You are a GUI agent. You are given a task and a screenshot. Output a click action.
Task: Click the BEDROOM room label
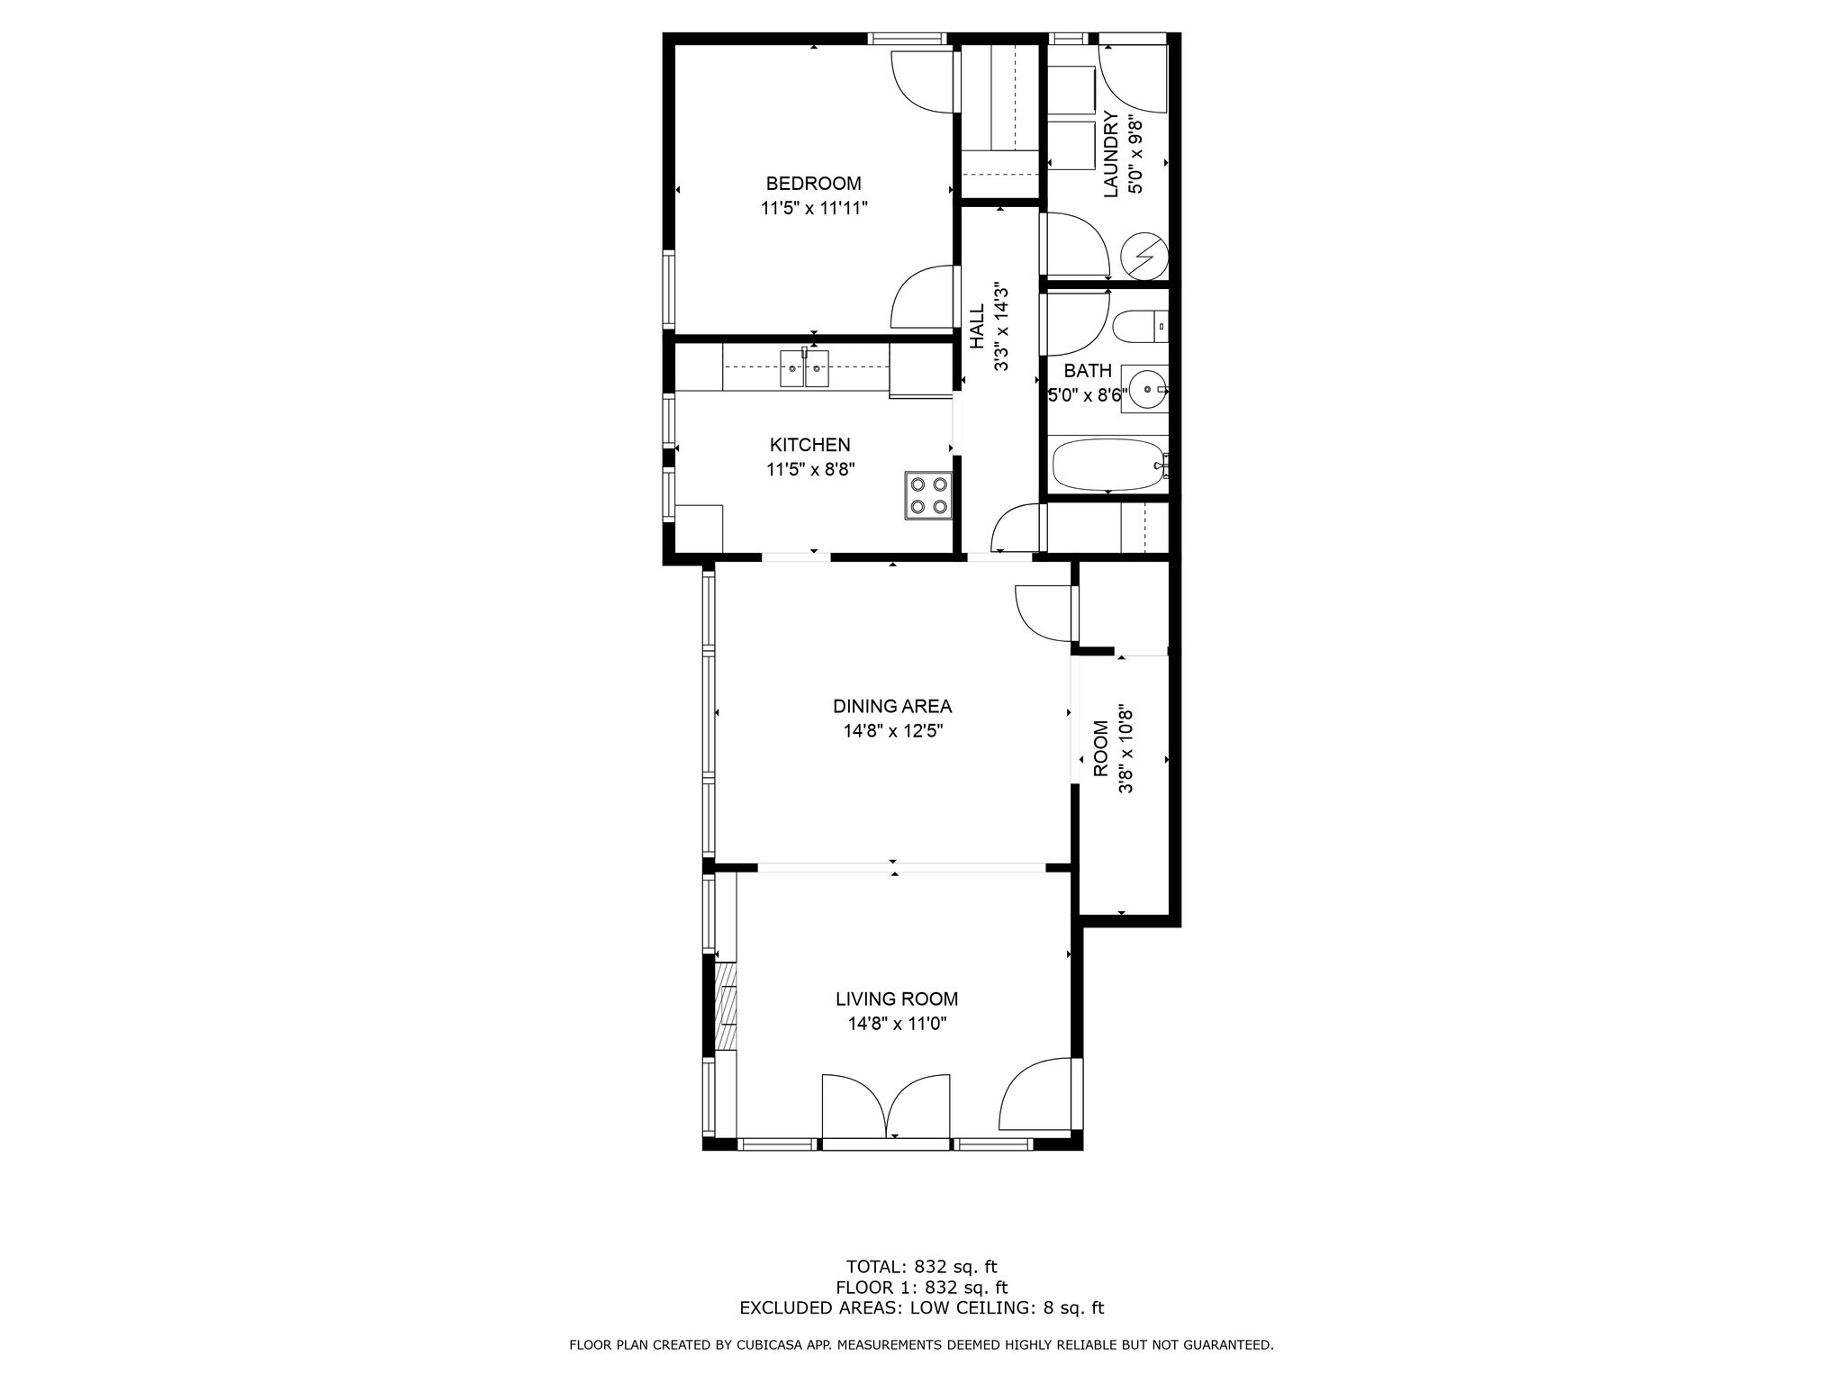tap(813, 184)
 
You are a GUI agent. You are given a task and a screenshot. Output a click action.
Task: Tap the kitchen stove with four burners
tap(928, 494)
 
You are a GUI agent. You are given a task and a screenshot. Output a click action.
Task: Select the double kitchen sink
tap(804, 368)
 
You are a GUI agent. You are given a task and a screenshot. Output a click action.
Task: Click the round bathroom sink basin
tap(1146, 390)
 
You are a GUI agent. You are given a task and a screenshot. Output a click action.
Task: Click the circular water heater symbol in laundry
tap(1144, 256)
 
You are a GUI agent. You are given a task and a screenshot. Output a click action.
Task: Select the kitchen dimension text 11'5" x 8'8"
tap(809, 469)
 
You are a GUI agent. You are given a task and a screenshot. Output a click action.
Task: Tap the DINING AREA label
tap(891, 707)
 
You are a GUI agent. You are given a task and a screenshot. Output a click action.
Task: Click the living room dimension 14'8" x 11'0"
tap(897, 1023)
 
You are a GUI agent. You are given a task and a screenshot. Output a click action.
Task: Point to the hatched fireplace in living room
tap(725, 1007)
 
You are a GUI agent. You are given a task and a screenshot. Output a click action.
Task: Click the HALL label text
tap(977, 327)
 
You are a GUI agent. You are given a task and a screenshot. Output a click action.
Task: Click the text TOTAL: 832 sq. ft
tap(921, 1267)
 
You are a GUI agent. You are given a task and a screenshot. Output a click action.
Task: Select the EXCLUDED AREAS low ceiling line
tap(921, 1308)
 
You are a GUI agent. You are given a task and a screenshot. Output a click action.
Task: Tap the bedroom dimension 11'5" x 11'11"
tap(814, 208)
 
